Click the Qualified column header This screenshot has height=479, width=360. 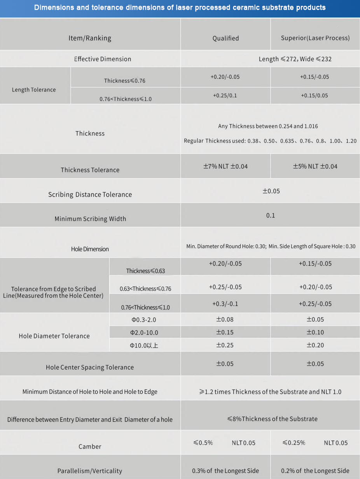[225, 38]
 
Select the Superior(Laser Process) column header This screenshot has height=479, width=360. [315, 38]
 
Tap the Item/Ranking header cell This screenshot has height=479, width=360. [90, 38]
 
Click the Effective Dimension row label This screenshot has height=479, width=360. [103, 59]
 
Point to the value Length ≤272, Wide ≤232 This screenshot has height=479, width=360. [295, 59]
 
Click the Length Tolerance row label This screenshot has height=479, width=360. [34, 90]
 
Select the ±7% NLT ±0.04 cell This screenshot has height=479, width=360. [225, 166]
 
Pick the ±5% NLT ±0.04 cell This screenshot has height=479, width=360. [315, 166]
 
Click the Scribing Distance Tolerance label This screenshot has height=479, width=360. [90, 194]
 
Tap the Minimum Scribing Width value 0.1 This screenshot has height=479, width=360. [271, 215]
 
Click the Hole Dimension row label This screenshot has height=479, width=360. [90, 249]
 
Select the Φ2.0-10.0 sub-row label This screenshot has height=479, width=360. [144, 333]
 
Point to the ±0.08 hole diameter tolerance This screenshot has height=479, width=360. [225, 320]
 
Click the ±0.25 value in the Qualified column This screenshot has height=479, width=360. [225, 345]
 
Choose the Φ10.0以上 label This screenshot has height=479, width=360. [144, 345]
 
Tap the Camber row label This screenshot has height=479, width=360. [90, 447]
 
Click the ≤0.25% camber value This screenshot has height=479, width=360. [294, 443]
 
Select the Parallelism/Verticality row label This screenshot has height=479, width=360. [90, 471]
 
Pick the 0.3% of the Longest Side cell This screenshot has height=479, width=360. [225, 471]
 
